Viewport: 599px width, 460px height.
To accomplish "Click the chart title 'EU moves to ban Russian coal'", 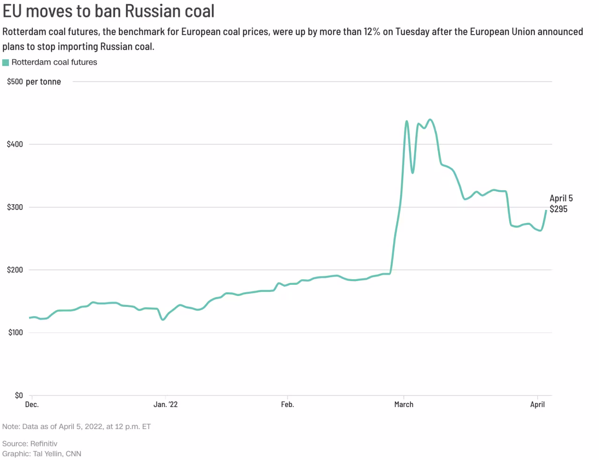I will [x=109, y=10].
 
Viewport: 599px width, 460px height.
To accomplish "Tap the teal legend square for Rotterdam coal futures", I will [x=6, y=62].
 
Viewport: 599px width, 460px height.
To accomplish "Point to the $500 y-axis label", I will [x=15, y=82].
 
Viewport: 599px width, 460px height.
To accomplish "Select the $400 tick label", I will [x=15, y=144].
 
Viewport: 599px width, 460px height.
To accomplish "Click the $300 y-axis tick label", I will [x=15, y=207].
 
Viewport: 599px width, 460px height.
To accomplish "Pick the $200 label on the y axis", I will [x=15, y=270].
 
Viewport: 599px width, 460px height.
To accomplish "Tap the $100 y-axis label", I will [x=15, y=333].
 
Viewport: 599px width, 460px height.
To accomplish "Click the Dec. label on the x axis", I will [x=32, y=405].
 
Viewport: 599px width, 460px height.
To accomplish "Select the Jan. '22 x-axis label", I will [x=166, y=405].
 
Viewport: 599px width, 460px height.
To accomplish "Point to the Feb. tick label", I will [x=287, y=405].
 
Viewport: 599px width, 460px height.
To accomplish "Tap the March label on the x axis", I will [x=404, y=405].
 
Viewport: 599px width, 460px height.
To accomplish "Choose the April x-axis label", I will [x=537, y=405].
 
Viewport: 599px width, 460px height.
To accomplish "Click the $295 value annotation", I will [x=558, y=209].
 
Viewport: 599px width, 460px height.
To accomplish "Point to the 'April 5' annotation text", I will [x=561, y=199].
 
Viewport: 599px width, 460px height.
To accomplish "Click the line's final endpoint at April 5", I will [x=546, y=211].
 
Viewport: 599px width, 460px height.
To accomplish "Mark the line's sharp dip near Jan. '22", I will [x=162, y=319].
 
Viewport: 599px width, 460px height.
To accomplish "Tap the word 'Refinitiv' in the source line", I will [x=44, y=444].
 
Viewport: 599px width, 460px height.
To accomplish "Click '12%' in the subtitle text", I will [x=372, y=32].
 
